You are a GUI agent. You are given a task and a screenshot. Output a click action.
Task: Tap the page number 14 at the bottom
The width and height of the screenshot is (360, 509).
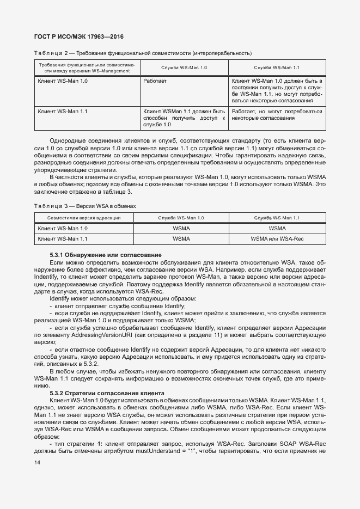[x=37, y=462]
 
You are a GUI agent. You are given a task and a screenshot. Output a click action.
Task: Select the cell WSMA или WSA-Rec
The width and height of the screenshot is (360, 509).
[x=277, y=238]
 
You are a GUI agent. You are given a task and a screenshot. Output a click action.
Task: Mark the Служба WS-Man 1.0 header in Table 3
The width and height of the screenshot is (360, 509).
[x=181, y=218]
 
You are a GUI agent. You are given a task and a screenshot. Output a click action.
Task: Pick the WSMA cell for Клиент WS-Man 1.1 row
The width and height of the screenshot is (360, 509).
[x=181, y=238]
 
